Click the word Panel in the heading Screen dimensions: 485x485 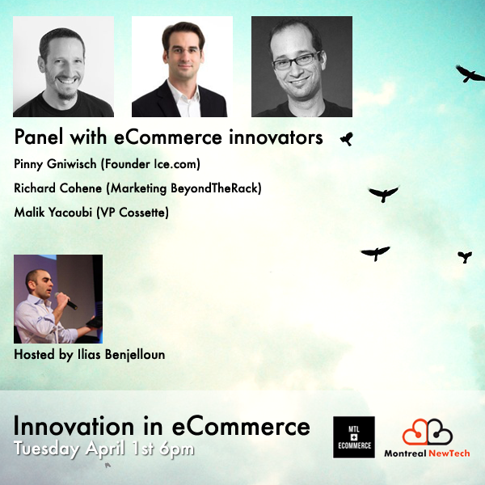pyautogui.click(x=38, y=137)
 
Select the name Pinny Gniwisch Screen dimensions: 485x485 pyautogui.click(x=53, y=165)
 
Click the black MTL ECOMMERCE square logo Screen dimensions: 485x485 pyautogui.click(x=354, y=437)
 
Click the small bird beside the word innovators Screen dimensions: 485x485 pyautogui.click(x=347, y=138)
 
